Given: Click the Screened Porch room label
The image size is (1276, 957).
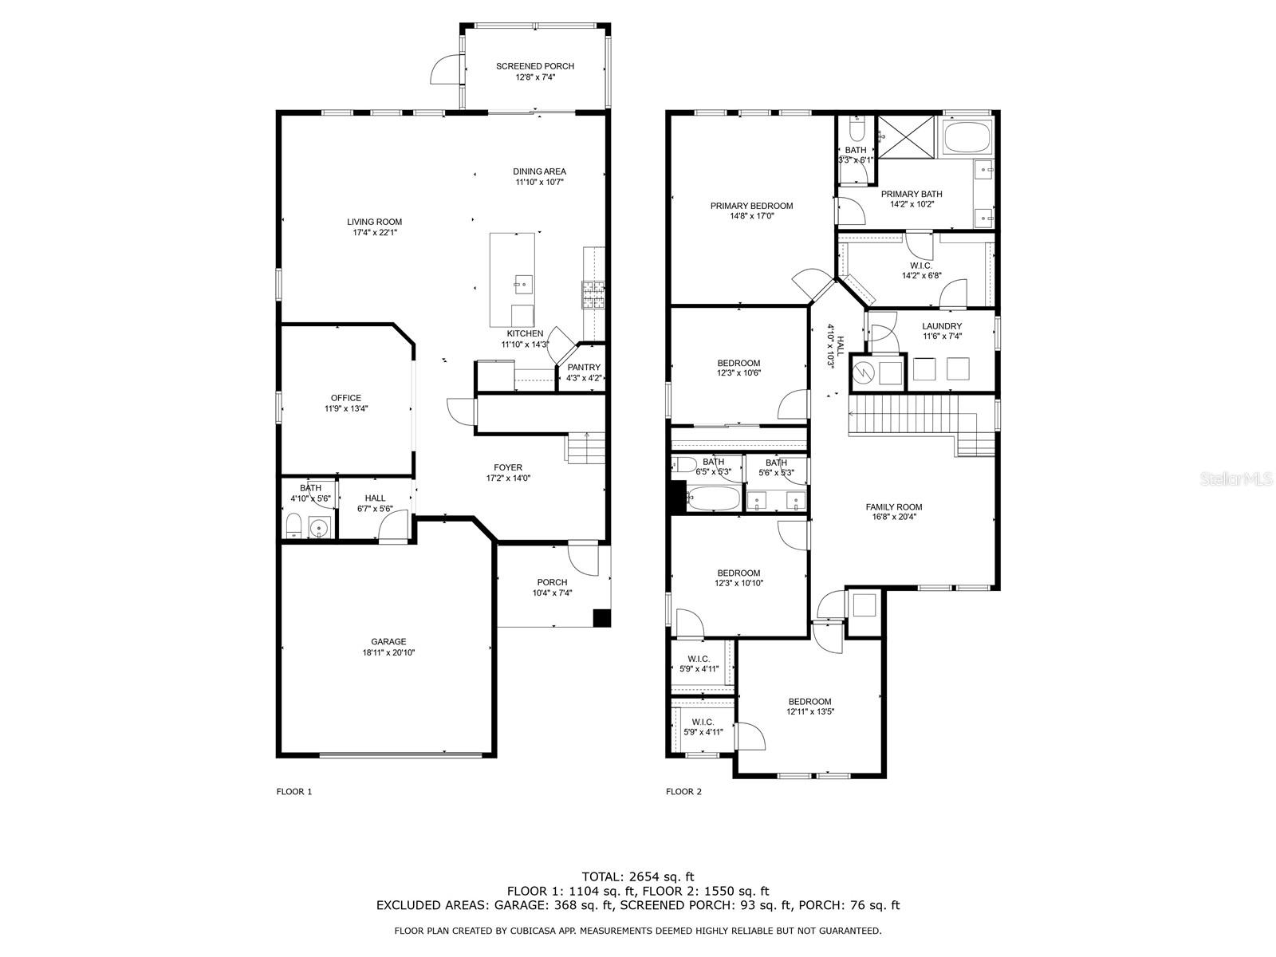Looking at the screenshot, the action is (535, 66).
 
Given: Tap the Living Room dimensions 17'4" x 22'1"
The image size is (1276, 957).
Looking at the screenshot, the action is (374, 232).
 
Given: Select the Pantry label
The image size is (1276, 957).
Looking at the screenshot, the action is (584, 367).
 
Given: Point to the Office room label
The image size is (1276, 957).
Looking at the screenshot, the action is (346, 398).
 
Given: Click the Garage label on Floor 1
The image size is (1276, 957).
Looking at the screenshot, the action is (388, 641).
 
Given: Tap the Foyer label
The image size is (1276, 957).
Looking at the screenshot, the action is (508, 467).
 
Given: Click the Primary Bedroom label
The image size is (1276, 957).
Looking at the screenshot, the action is (752, 206).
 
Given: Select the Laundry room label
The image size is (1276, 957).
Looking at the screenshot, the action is (942, 326).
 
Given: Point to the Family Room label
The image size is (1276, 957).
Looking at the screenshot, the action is (894, 506).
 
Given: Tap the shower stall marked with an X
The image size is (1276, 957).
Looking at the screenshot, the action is (906, 136).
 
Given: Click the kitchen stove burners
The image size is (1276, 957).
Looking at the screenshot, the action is (593, 294).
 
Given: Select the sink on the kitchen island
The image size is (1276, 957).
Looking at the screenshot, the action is (523, 283).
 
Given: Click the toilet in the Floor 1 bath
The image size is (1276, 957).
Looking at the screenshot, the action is (293, 525).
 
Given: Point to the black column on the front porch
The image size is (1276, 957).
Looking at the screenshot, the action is (601, 617).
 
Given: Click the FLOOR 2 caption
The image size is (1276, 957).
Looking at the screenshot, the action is (683, 791).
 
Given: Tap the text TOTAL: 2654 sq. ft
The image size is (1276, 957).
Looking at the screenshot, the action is (638, 876).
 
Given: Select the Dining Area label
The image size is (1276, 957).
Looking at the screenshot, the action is (539, 171).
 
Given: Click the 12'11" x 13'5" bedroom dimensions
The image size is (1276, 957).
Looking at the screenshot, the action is (810, 711).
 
